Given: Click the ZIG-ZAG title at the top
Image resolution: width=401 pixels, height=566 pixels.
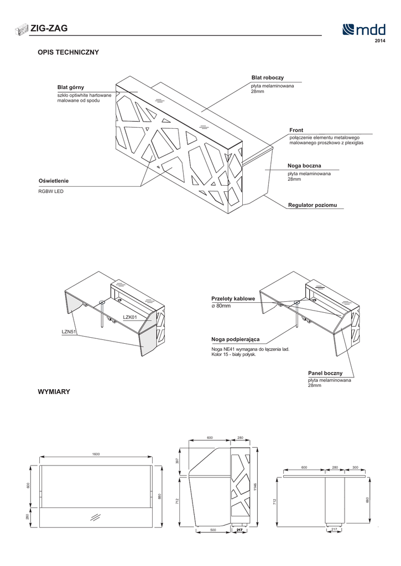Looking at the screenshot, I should tap(49, 29).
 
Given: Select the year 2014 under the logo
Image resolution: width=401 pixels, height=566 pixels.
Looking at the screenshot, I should tap(380, 41).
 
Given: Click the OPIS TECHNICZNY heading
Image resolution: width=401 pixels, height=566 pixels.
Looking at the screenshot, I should tap(68, 53).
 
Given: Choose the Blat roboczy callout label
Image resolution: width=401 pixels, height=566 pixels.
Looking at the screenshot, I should tap(267, 78).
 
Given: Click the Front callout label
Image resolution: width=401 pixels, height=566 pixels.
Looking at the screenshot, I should tap(296, 130).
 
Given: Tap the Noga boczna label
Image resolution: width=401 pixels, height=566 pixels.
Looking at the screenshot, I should tap(304, 166).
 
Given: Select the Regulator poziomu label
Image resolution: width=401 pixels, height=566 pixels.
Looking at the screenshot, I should tap(313, 205).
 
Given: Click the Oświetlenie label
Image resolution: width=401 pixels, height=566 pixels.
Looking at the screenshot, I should tap(54, 181).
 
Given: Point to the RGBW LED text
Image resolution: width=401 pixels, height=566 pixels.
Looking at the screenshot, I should tap(51, 191).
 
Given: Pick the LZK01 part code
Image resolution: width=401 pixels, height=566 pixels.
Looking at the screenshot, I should tap(129, 317).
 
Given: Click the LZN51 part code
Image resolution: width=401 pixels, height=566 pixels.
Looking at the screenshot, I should tap(69, 332).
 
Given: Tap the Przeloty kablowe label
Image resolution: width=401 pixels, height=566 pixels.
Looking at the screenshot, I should tap(233, 298).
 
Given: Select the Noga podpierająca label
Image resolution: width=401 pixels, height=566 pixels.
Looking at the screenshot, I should tap(236, 339).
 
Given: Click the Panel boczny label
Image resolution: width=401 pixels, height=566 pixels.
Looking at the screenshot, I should tap(325, 374).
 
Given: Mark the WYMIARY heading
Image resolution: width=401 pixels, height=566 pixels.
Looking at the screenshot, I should tap(54, 391).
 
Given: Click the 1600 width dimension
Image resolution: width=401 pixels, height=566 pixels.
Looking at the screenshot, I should tap(96, 454).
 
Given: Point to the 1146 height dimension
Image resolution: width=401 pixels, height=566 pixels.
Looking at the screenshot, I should tap(255, 486).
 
